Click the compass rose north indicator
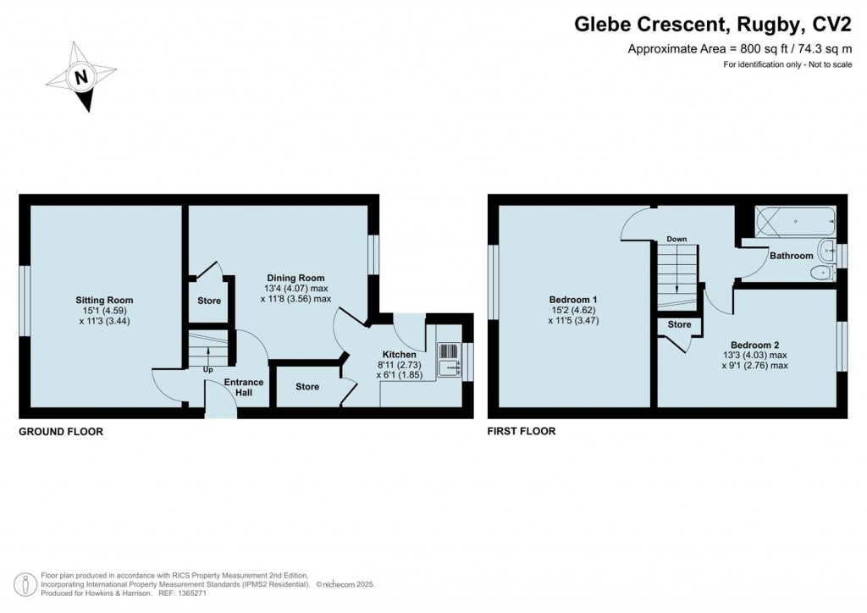81,78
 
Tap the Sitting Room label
104,301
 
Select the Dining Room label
295,278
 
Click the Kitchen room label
399,355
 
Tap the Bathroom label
792,255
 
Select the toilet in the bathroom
820,273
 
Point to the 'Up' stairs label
207,369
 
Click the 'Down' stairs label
676,239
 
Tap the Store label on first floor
679,324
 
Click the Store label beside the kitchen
307,387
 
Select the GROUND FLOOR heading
61,432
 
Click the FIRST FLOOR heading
522,432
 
